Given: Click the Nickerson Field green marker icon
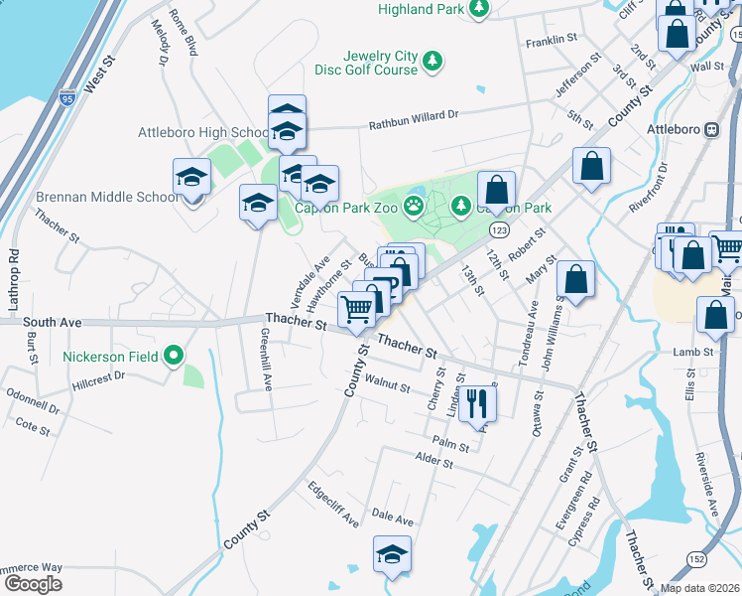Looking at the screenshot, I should (x=175, y=355).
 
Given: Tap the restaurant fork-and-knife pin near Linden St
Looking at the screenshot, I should (x=479, y=401).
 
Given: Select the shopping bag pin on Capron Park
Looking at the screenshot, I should (x=497, y=189).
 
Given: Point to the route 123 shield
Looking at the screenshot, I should (x=499, y=229).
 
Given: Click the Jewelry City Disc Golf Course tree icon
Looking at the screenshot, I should (x=433, y=63).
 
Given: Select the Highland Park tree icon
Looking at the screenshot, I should (x=479, y=9).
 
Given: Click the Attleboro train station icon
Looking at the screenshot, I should (x=711, y=129).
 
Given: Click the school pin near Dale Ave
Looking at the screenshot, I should (x=392, y=553).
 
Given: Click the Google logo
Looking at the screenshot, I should (x=33, y=583).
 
